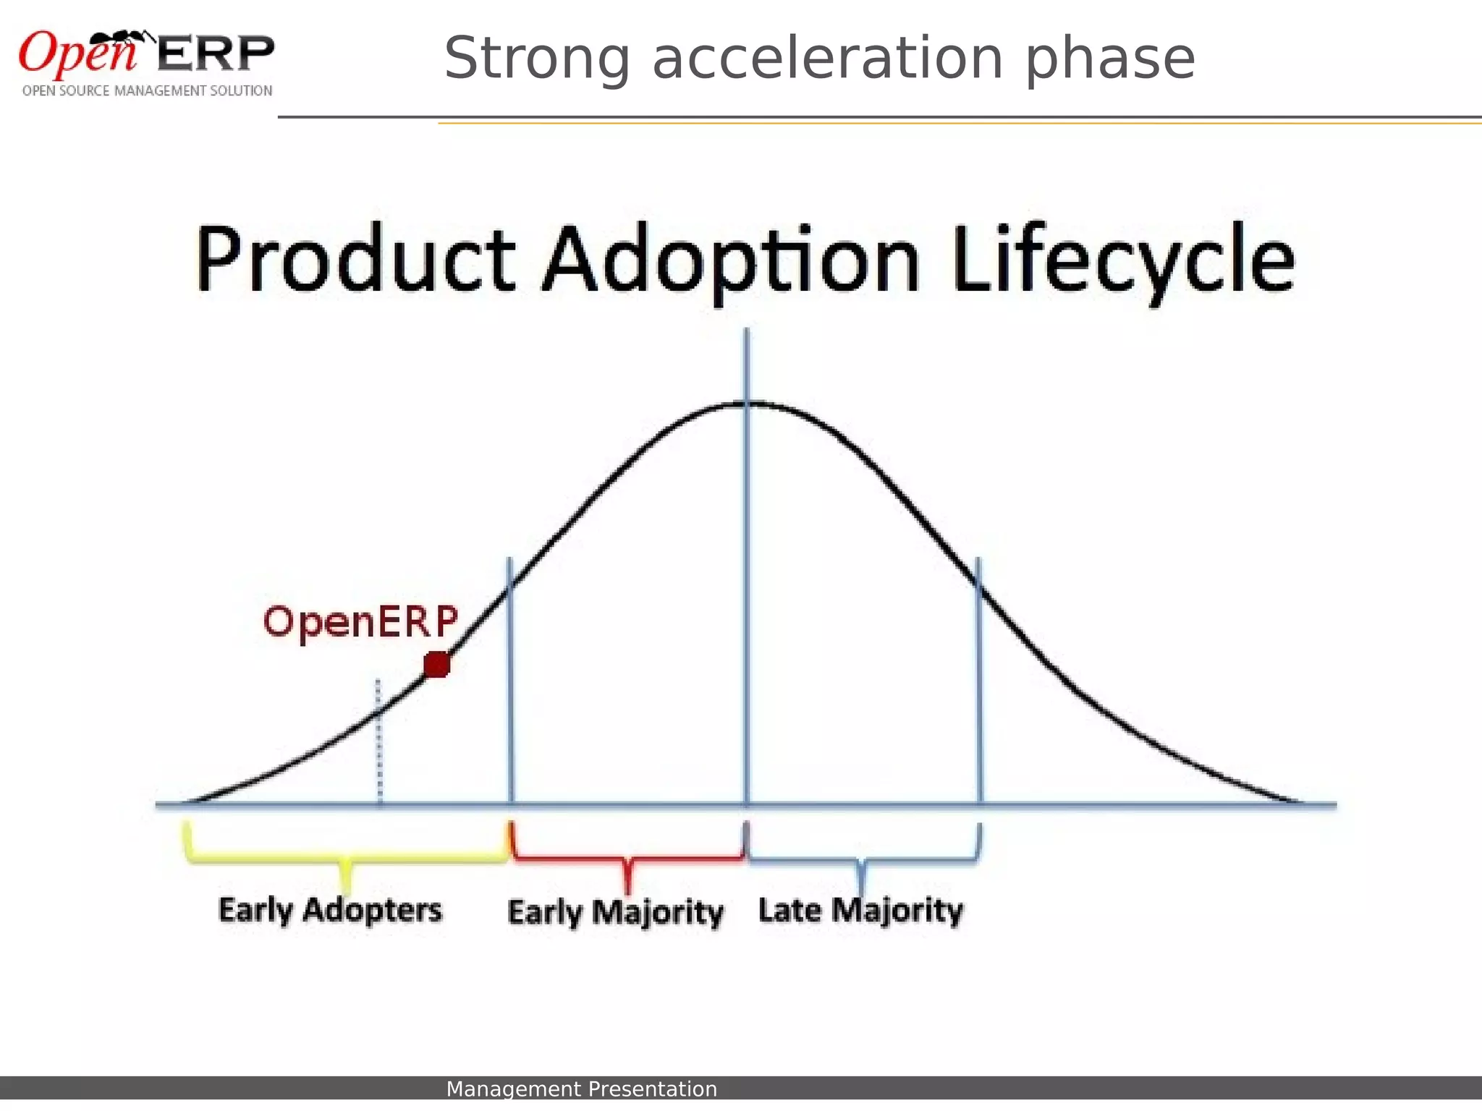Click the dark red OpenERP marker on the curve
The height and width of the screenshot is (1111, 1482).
[437, 664]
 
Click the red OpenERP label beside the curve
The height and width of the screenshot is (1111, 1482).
[360, 622]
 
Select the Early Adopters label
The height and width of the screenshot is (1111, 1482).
[330, 910]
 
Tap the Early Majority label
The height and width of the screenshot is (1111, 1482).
[615, 912]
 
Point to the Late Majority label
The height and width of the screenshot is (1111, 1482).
[860, 910]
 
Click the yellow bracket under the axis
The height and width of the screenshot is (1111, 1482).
[346, 859]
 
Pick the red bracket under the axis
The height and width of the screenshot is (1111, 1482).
[627, 859]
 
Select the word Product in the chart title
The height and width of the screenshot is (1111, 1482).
[355, 259]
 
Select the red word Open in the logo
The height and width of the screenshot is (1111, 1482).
[77, 54]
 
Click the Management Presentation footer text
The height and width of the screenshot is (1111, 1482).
[581, 1089]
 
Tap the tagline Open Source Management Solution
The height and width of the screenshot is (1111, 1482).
[147, 91]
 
